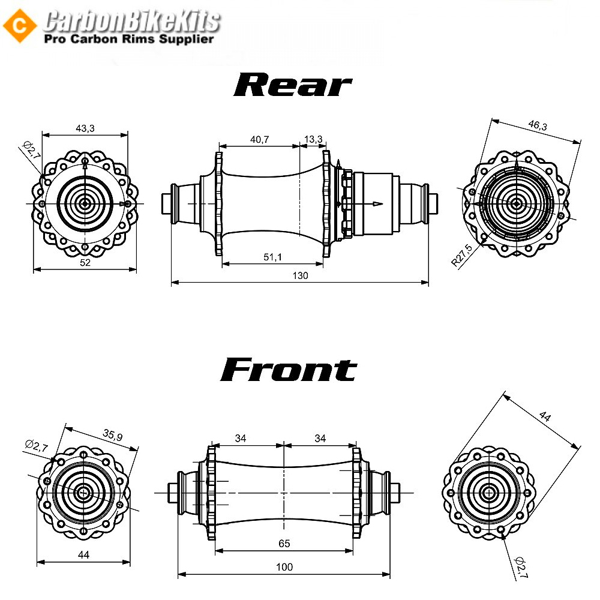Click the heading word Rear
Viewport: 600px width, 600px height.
pyautogui.click(x=292, y=85)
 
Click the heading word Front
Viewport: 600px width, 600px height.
pyautogui.click(x=289, y=370)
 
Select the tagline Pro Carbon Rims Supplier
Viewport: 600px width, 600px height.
pyautogui.click(x=129, y=39)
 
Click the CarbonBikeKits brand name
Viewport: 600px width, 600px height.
pyautogui.click(x=132, y=22)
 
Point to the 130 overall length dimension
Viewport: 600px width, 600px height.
pyautogui.click(x=300, y=275)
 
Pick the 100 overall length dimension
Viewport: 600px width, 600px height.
pyautogui.click(x=284, y=567)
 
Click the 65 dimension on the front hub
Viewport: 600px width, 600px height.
pyautogui.click(x=284, y=543)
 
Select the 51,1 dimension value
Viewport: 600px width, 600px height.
pyautogui.click(x=272, y=257)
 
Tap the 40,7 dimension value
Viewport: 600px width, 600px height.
pyautogui.click(x=259, y=139)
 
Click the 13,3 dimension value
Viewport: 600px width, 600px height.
pyautogui.click(x=313, y=139)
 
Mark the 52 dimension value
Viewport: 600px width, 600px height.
pyautogui.click(x=85, y=263)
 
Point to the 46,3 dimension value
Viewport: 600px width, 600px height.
pyautogui.click(x=538, y=125)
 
